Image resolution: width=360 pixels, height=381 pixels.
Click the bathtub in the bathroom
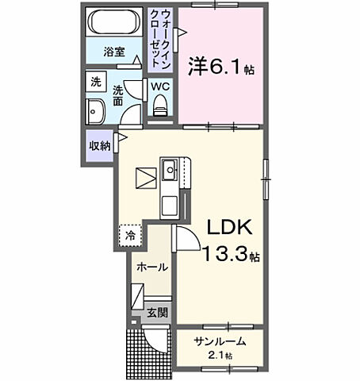tap(114, 22)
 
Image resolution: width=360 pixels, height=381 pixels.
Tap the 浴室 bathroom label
tap(114, 52)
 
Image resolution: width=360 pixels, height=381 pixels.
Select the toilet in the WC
tap(160, 105)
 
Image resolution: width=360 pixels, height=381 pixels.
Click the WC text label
tap(160, 87)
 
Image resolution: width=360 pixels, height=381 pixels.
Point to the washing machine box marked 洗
tap(96, 82)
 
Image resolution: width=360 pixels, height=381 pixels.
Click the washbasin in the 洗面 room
tap(95, 111)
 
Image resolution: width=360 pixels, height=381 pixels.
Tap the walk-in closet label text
tap(160, 40)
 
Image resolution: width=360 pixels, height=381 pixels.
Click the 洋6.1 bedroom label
tap(221, 67)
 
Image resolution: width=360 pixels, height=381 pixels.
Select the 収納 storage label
tap(99, 145)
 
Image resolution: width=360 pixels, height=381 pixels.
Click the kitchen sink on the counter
tap(170, 170)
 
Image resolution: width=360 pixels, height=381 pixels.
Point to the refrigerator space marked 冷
tap(130, 236)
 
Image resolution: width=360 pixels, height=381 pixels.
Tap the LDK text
tap(229, 227)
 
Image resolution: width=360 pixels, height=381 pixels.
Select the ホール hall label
tap(152, 267)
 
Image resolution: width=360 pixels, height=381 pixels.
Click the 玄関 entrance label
tap(158, 313)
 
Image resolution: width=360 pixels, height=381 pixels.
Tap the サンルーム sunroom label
tap(220, 342)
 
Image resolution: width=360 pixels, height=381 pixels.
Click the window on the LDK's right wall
tap(266, 179)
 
